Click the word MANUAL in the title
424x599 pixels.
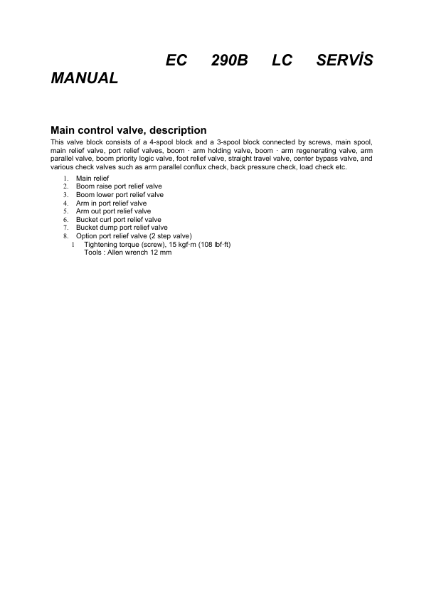pos(84,78)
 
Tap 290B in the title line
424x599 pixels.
pos(229,61)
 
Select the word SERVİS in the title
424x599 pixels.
pos(344,61)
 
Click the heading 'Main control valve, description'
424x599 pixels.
pos(129,130)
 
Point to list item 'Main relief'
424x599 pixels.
pos(92,178)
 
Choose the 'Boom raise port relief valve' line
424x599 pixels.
pos(119,186)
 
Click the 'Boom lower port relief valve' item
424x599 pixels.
pos(120,194)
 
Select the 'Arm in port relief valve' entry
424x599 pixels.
pos(111,203)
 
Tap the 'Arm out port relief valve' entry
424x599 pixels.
pos(113,211)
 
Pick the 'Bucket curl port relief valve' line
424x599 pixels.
pos(118,220)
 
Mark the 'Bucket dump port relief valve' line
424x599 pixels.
pos(122,228)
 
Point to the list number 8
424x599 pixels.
pos(65,236)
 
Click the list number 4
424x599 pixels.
pos(65,203)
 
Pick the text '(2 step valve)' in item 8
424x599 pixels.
pos(171,236)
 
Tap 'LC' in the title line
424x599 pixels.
pos(282,61)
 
